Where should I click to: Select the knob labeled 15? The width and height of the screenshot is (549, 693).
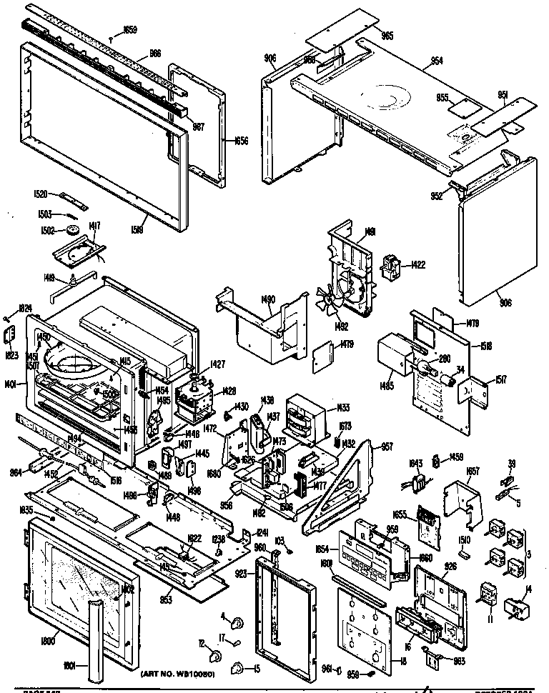(x=232, y=667)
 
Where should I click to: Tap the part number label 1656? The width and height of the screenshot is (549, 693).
(x=240, y=141)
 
